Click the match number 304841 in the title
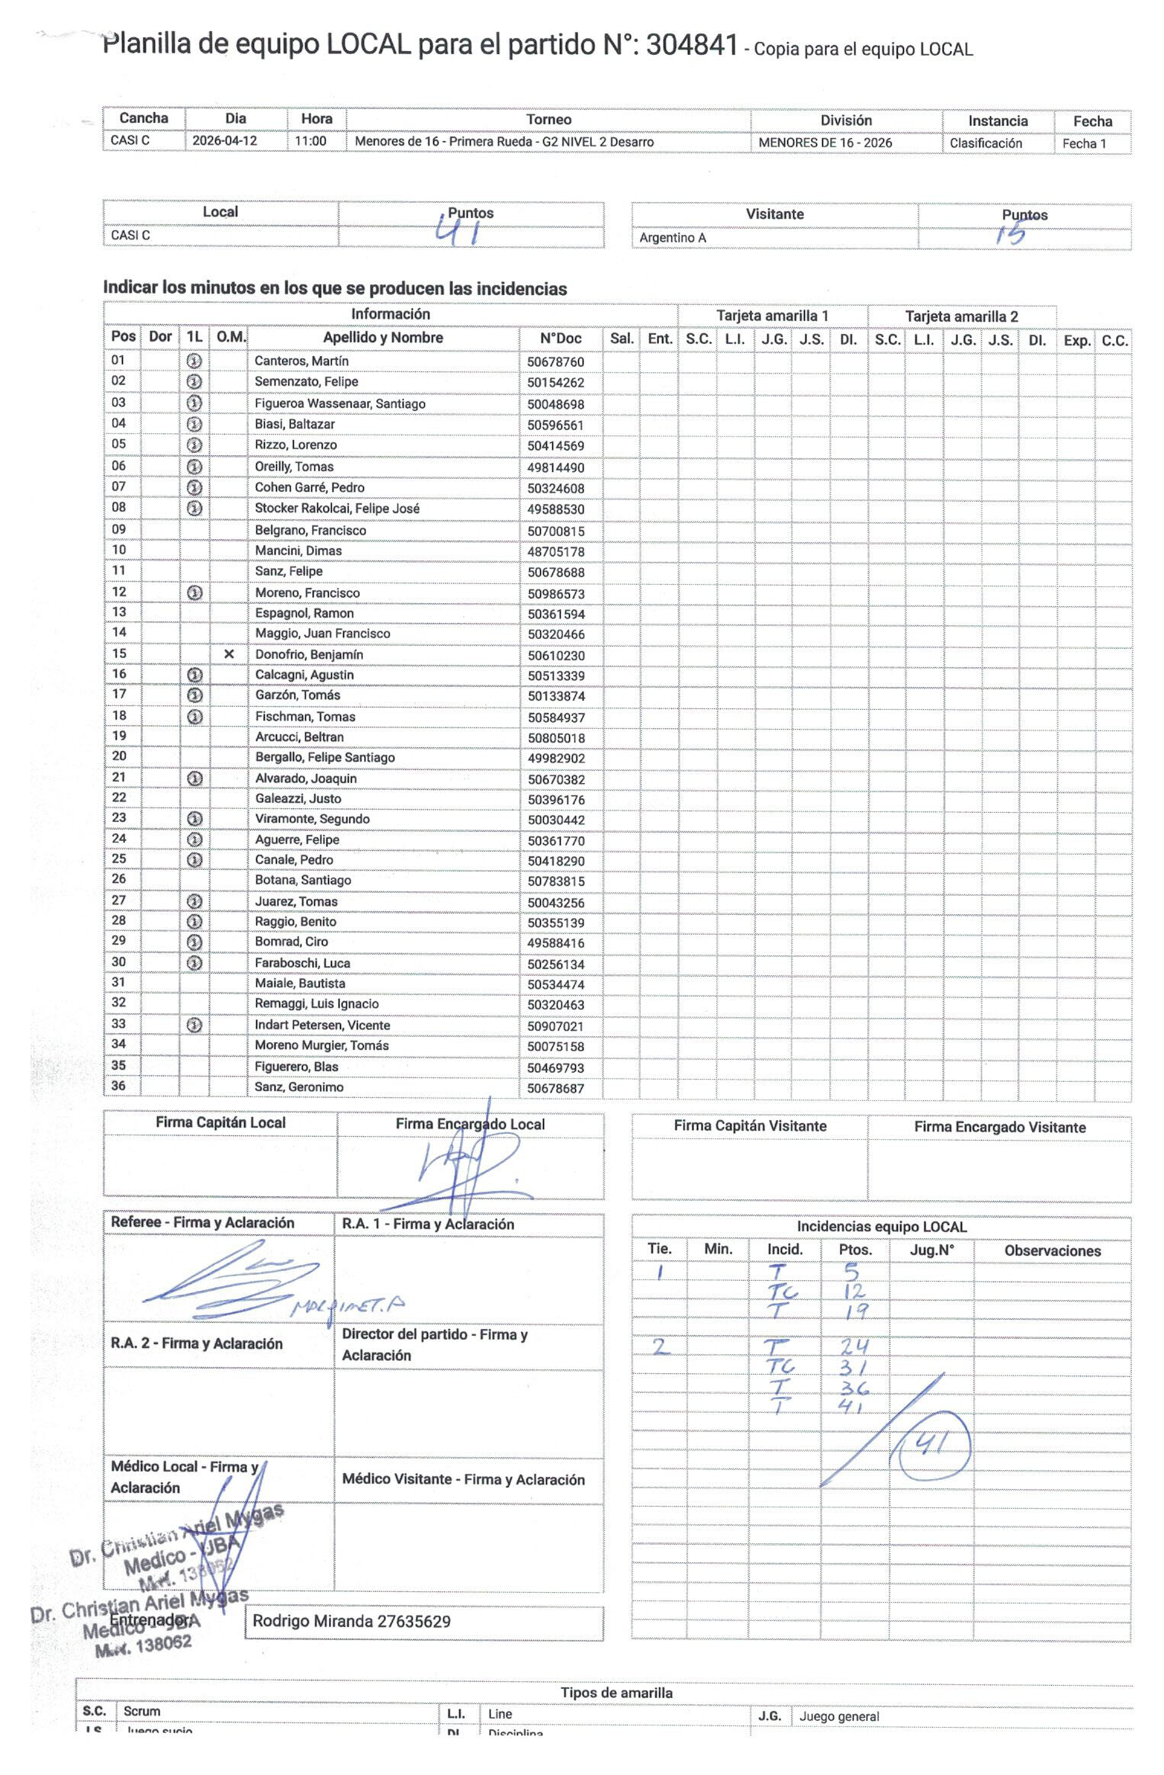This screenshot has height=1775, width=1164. (x=691, y=46)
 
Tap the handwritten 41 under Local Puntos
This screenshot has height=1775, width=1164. (x=458, y=230)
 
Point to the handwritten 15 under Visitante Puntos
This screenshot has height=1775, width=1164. (x=1011, y=233)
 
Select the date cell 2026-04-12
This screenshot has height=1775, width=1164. (x=224, y=141)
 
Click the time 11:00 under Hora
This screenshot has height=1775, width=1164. (x=311, y=141)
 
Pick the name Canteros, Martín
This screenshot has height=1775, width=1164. (x=301, y=361)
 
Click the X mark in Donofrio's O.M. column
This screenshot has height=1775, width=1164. (x=229, y=654)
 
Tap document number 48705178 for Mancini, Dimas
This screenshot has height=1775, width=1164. (x=555, y=551)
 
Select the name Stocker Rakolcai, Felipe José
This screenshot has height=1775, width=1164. (x=336, y=509)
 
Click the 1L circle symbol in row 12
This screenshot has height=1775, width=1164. (x=195, y=592)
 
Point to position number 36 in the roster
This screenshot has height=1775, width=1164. (x=119, y=1086)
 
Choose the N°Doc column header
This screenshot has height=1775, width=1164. (x=560, y=339)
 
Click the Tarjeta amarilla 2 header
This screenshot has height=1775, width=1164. (x=961, y=316)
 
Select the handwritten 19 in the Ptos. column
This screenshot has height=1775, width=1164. (x=856, y=1311)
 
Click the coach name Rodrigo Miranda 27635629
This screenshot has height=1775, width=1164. (x=352, y=1621)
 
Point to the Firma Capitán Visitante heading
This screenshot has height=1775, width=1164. (x=749, y=1125)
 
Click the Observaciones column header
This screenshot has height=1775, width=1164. (x=1052, y=1250)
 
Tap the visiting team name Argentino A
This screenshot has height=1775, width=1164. (x=673, y=238)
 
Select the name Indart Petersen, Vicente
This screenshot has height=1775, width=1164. (x=322, y=1026)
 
